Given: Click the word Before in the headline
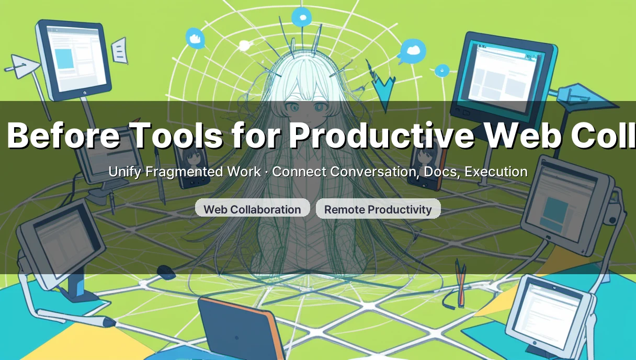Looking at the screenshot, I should (63, 135).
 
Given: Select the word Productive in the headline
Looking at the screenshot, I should (381, 135).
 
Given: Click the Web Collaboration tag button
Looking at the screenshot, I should (252, 209).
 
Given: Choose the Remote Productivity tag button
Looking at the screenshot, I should (378, 209).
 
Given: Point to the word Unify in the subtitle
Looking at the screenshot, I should (124, 172).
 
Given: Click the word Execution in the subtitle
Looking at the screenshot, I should (496, 172).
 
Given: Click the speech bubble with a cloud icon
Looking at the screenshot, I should (413, 51).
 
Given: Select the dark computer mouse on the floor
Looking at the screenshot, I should (166, 272).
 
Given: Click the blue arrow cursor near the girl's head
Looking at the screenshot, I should (384, 89).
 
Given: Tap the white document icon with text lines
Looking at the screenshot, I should (120, 51).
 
